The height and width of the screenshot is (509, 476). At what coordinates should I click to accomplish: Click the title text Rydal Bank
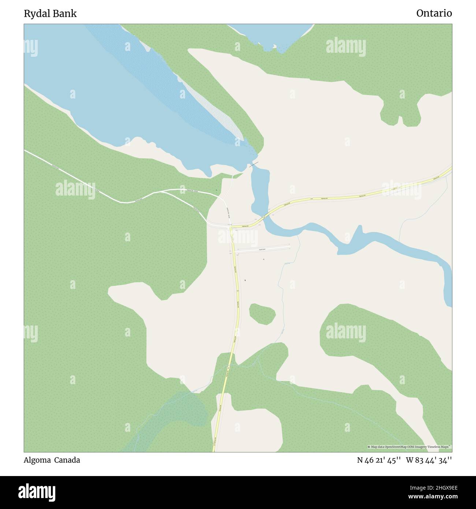coord(50,14)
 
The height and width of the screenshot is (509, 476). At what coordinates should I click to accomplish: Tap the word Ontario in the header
coord(434,14)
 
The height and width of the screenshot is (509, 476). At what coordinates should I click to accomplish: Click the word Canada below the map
coord(67,460)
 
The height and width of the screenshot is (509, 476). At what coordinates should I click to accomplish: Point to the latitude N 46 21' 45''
coord(379,460)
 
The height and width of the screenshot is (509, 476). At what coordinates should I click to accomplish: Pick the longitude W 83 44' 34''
coord(429,460)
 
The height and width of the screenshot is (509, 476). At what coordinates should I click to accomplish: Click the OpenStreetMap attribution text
coord(409,447)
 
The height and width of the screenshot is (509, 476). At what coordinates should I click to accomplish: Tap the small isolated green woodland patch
coord(262,313)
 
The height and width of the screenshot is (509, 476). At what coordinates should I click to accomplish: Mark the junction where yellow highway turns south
coord(231,227)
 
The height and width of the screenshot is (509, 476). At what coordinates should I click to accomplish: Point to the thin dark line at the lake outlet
coord(254,165)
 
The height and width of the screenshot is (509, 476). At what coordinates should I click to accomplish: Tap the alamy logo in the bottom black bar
coord(37,492)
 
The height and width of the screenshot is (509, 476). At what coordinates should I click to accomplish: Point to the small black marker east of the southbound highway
coord(245,280)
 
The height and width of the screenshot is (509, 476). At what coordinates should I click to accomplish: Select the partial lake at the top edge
coord(271,35)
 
